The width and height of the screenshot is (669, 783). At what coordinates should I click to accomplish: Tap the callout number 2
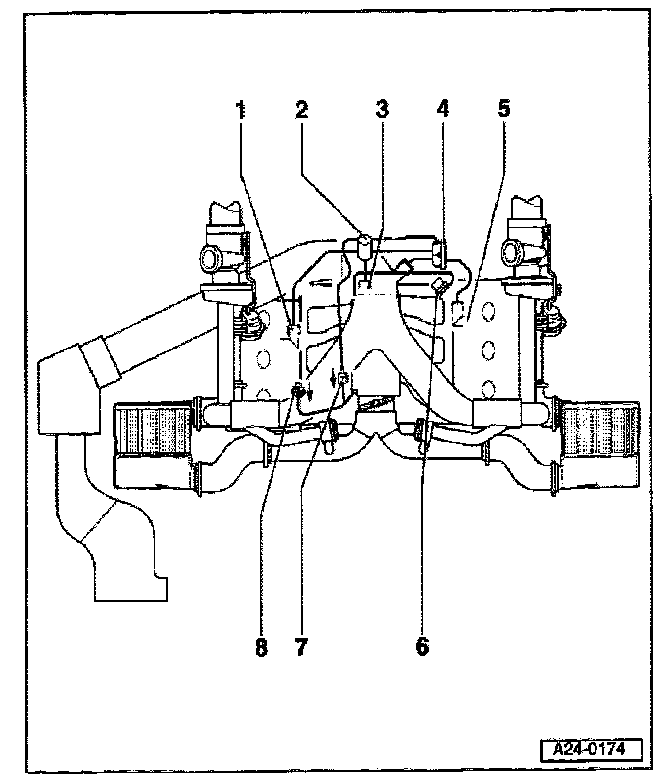click(x=301, y=111)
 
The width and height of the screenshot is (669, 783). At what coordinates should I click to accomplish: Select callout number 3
click(x=382, y=111)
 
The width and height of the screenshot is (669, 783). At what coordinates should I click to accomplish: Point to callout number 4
click(x=442, y=111)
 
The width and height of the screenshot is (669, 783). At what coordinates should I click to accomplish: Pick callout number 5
click(x=503, y=111)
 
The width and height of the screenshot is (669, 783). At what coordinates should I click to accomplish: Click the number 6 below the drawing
click(x=422, y=646)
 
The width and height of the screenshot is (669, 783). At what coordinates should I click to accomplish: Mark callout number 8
click(x=261, y=646)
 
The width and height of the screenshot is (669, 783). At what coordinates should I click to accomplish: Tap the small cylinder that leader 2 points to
click(x=364, y=245)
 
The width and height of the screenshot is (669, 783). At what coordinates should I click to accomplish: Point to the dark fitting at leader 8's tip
click(x=298, y=389)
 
